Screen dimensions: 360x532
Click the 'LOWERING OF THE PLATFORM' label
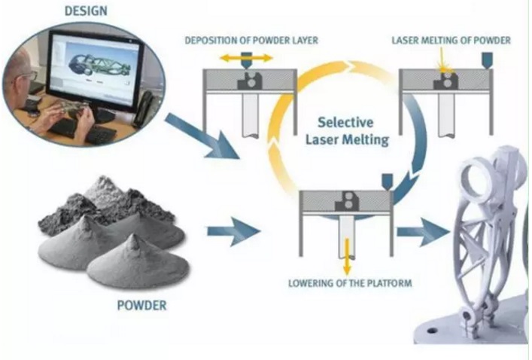[x=349, y=284]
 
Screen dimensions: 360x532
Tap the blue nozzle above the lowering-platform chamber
[x=388, y=182]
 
